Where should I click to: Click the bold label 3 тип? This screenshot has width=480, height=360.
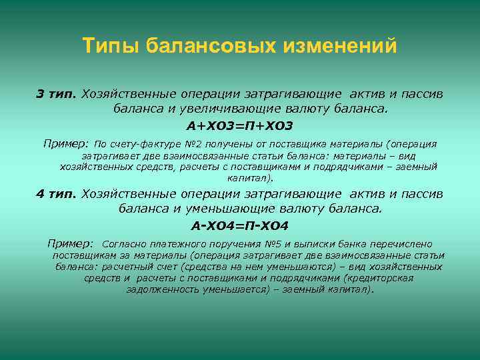tap(57, 94)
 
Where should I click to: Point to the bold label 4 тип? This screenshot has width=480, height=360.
tap(56, 194)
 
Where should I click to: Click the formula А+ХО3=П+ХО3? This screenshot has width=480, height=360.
tap(240, 126)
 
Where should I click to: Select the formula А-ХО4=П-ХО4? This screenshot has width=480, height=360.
tap(240, 226)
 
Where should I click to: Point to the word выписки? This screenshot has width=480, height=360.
tap(306, 244)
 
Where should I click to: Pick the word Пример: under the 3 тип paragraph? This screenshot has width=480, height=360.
tap(66, 143)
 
